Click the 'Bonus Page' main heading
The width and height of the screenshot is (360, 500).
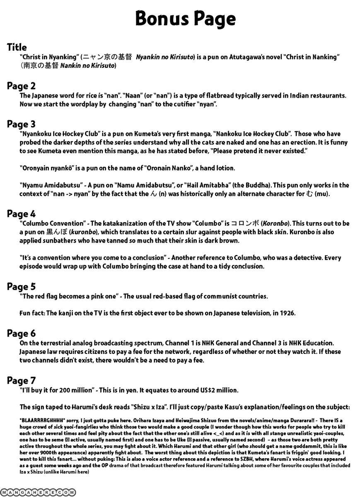pyautogui.click(x=185, y=19)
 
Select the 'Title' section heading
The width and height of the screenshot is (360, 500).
pyautogui.click(x=17, y=47)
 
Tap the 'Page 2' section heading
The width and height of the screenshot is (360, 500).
pyautogui.click(x=21, y=86)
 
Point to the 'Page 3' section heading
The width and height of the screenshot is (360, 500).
pyautogui.click(x=21, y=124)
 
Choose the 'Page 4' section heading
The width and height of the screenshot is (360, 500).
pyautogui.click(x=21, y=214)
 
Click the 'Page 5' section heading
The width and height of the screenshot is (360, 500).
pyautogui.click(x=21, y=286)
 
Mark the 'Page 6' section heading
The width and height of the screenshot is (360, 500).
pyautogui.click(x=21, y=334)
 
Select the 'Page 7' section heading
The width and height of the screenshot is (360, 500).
pyautogui.click(x=21, y=380)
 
